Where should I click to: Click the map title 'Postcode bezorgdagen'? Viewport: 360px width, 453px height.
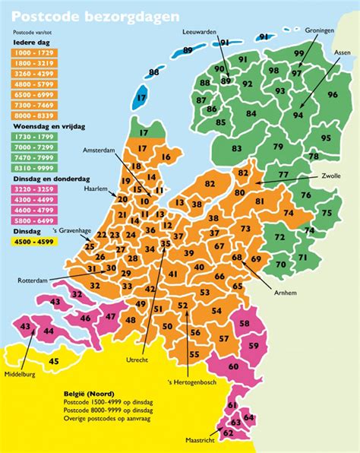point(96,15)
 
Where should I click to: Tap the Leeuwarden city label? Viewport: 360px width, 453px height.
point(201,33)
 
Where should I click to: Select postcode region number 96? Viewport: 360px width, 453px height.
point(332,95)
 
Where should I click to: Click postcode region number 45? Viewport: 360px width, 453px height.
point(53,362)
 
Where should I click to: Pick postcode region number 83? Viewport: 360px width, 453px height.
point(238,148)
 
